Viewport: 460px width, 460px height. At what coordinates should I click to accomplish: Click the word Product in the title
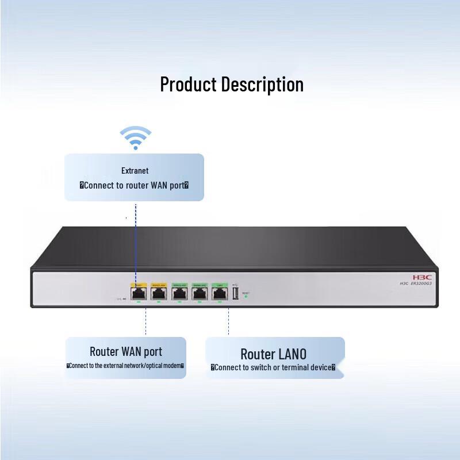pyautogui.click(x=188, y=85)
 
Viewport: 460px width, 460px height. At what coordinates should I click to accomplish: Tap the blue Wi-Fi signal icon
pyautogui.click(x=136, y=138)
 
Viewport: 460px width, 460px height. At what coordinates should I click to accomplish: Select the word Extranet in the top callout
pyautogui.click(x=135, y=171)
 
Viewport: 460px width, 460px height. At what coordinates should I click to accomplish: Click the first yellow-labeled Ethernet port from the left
pyautogui.click(x=138, y=293)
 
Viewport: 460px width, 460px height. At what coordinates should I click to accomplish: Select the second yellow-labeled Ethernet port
pyautogui.click(x=158, y=293)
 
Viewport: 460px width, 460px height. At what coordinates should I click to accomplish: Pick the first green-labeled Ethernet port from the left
pyautogui.click(x=179, y=293)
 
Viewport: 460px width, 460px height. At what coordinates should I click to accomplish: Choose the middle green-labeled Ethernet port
pyautogui.click(x=200, y=293)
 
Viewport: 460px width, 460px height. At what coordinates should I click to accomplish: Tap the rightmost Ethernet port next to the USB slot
pyautogui.click(x=220, y=293)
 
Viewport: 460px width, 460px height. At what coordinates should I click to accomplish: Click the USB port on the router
pyautogui.click(x=235, y=293)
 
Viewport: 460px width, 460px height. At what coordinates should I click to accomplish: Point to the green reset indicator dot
pyautogui.click(x=246, y=297)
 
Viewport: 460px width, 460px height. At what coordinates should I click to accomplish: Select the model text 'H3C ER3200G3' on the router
pyautogui.click(x=415, y=282)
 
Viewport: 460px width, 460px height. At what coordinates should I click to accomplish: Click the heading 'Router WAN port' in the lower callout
pyautogui.click(x=126, y=351)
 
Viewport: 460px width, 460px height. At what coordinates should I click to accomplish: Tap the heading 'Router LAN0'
pyautogui.click(x=273, y=354)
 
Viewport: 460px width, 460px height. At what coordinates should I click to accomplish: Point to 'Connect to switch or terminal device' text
pyautogui.click(x=273, y=367)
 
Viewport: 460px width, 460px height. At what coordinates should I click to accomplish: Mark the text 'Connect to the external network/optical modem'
pyautogui.click(x=125, y=366)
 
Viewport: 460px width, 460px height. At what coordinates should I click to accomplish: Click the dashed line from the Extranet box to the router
pyautogui.click(x=136, y=241)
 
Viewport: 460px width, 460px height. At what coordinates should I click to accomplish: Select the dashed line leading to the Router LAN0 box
pyautogui.click(x=228, y=322)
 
